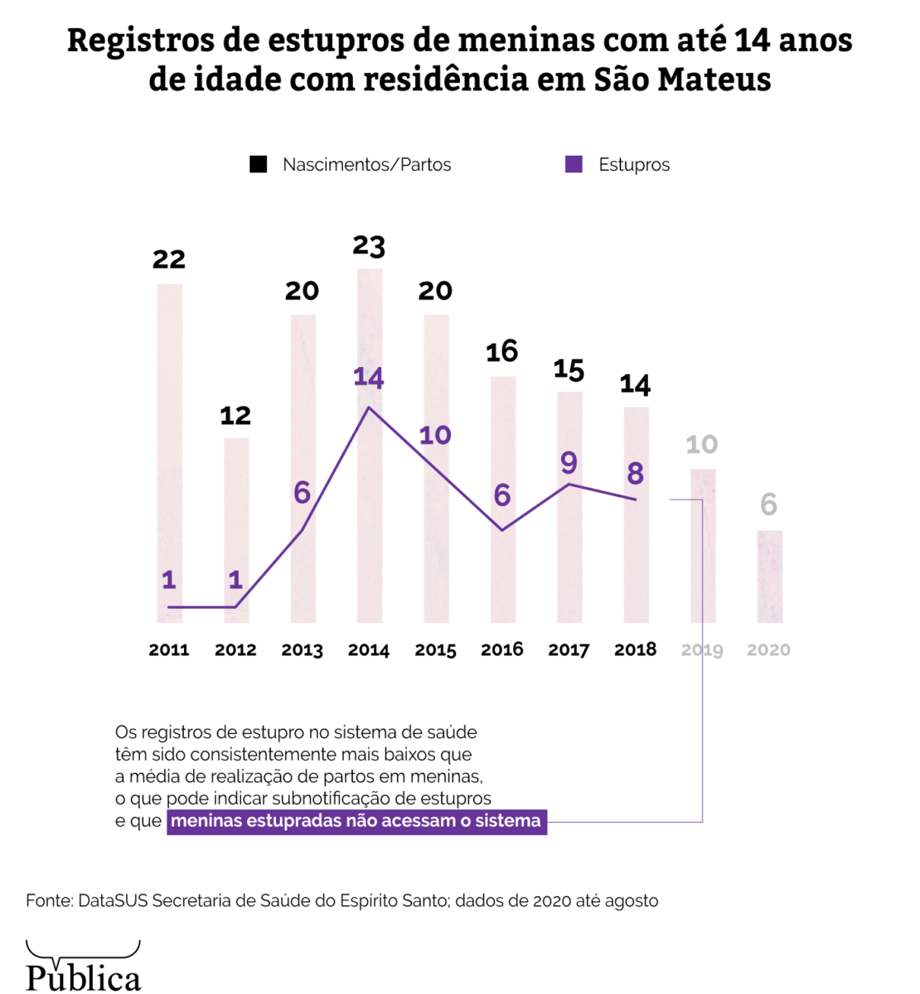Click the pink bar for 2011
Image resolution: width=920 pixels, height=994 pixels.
[169, 452]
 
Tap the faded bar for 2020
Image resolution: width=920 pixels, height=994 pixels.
[769, 577]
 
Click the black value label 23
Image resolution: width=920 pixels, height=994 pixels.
[369, 246]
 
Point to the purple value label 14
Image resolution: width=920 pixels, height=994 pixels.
[369, 378]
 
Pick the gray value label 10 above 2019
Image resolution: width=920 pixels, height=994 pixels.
[702, 445]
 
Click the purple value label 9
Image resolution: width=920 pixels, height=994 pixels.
[569, 462]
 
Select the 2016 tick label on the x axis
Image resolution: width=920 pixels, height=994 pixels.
[502, 649]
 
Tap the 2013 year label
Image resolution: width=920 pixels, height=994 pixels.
[302, 649]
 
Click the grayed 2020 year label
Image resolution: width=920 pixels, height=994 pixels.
[768, 649]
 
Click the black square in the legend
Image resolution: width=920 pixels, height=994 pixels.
[259, 164]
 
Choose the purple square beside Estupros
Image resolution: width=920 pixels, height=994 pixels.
[574, 164]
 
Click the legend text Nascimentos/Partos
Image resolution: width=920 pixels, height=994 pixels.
[366, 165]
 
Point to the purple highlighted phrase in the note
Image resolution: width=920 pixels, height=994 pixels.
[356, 822]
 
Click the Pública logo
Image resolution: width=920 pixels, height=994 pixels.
[83, 967]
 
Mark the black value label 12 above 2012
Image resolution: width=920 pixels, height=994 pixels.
[235, 415]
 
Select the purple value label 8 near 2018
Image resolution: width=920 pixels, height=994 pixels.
[636, 474]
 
